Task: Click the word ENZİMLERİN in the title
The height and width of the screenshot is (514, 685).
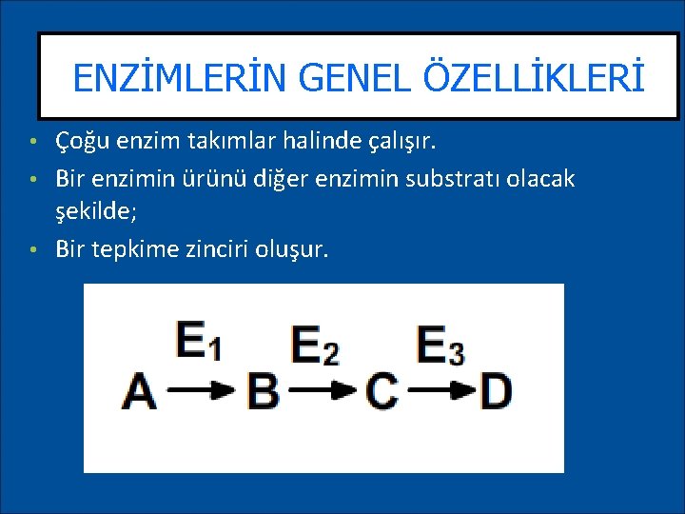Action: click(166, 78)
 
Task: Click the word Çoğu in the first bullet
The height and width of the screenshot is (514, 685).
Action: click(80, 143)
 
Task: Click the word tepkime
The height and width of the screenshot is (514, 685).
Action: click(132, 249)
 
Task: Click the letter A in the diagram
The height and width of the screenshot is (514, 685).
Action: click(140, 391)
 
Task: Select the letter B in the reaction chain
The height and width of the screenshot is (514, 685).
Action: click(263, 391)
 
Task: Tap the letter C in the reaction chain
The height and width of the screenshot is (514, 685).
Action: click(381, 391)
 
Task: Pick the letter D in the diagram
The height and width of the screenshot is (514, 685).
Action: click(495, 391)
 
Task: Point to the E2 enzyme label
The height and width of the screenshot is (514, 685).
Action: click(315, 345)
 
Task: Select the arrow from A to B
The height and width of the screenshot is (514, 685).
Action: click(201, 389)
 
